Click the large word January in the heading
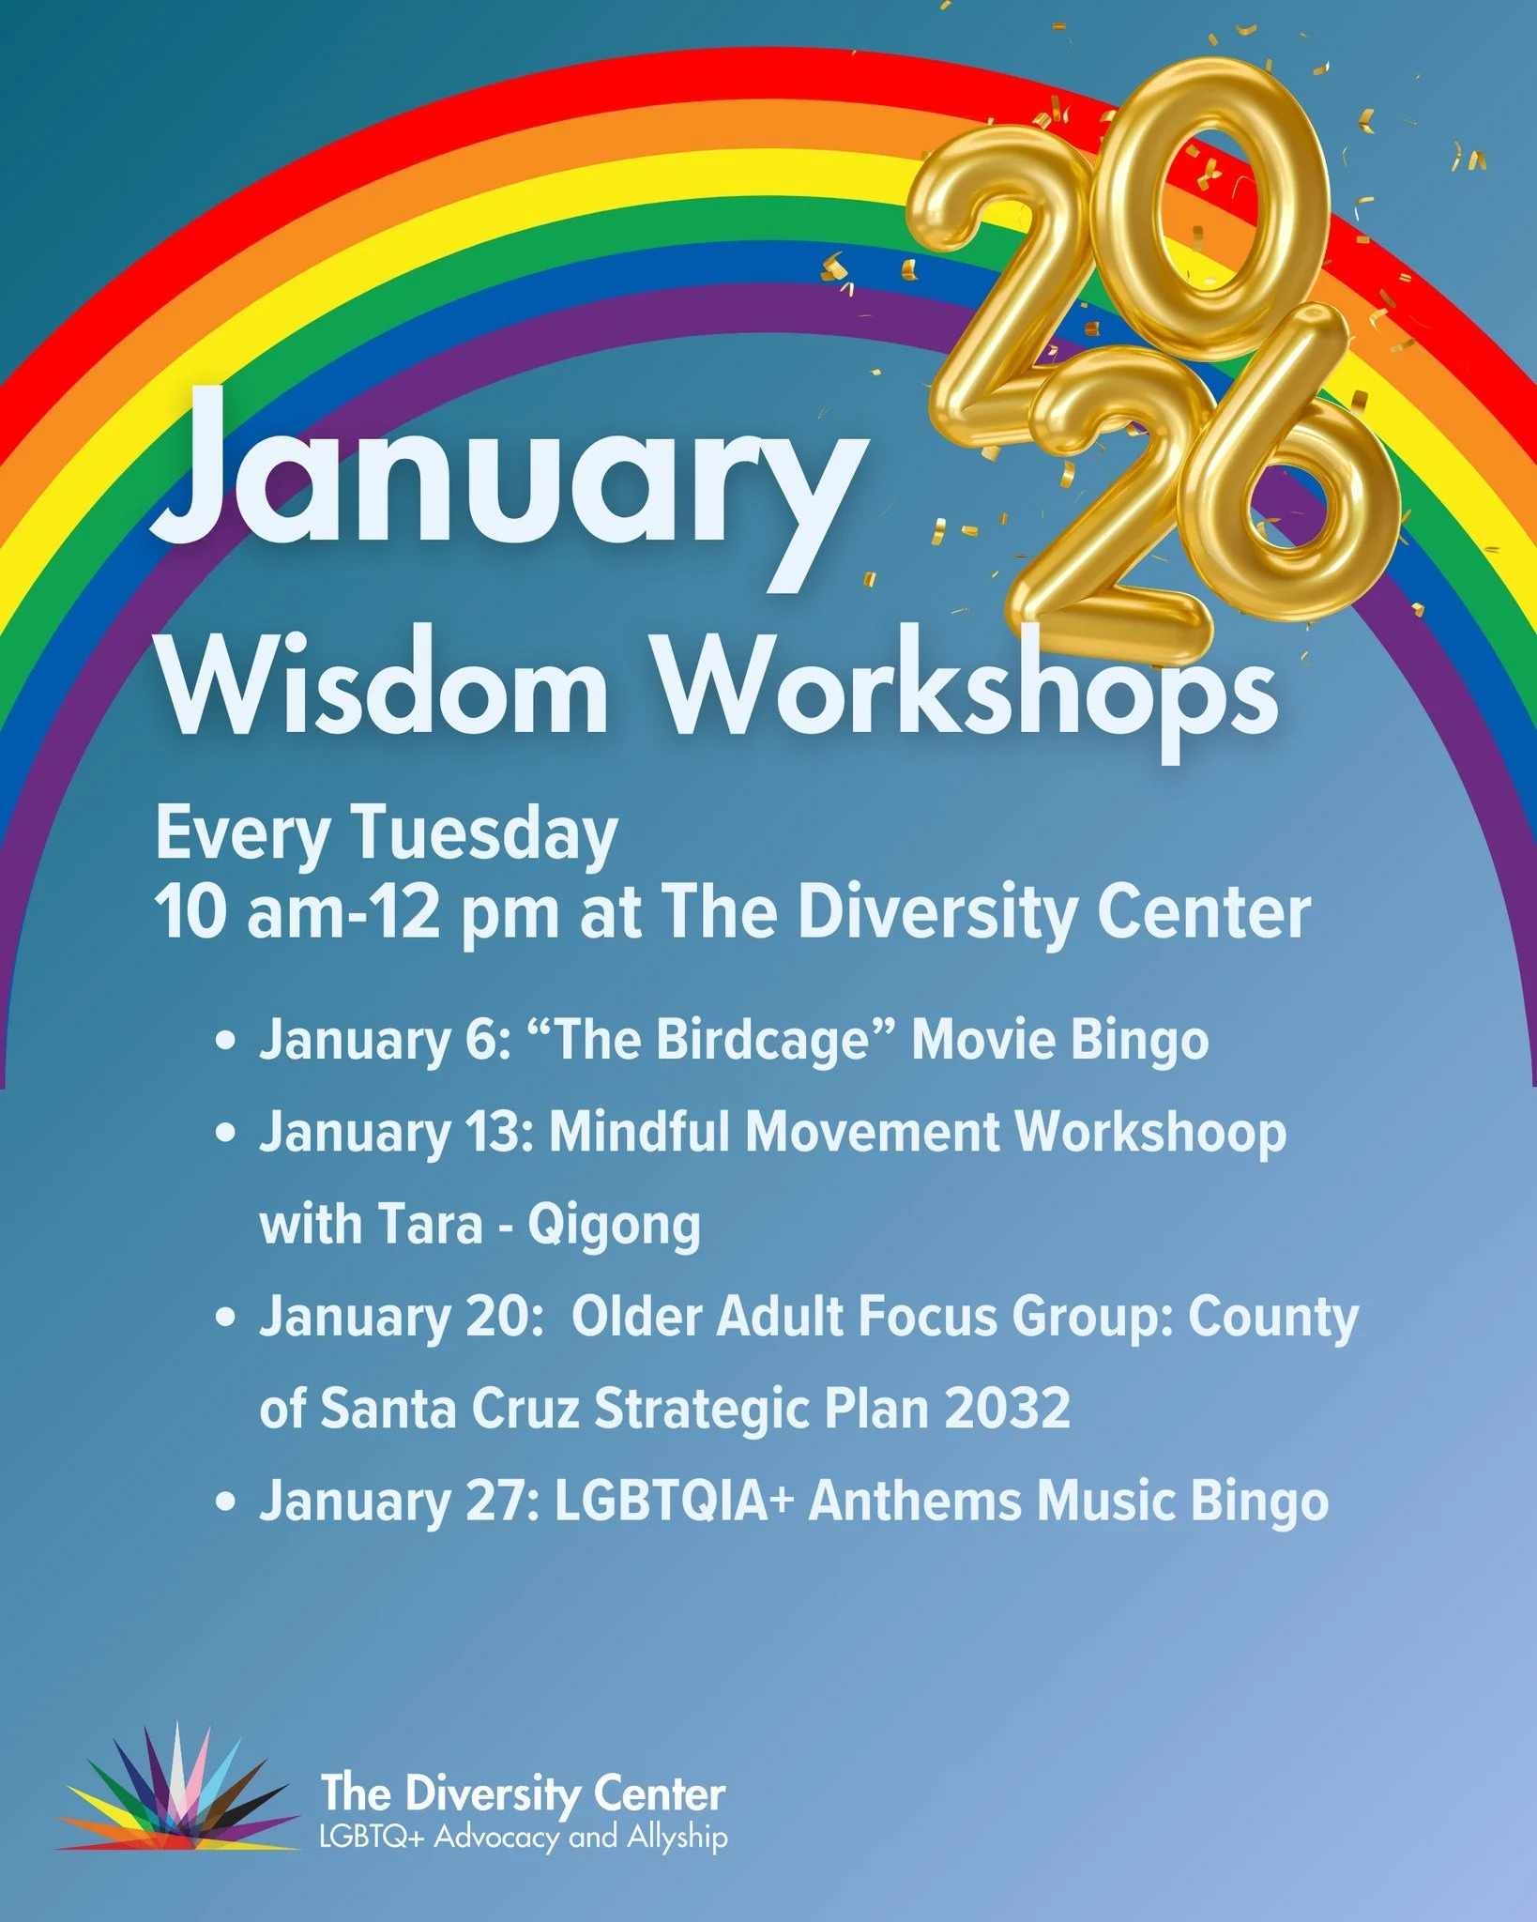point(507,474)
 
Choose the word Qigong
point(614,1225)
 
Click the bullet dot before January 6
point(224,1042)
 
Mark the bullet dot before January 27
point(224,1503)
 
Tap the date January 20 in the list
point(395,1317)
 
